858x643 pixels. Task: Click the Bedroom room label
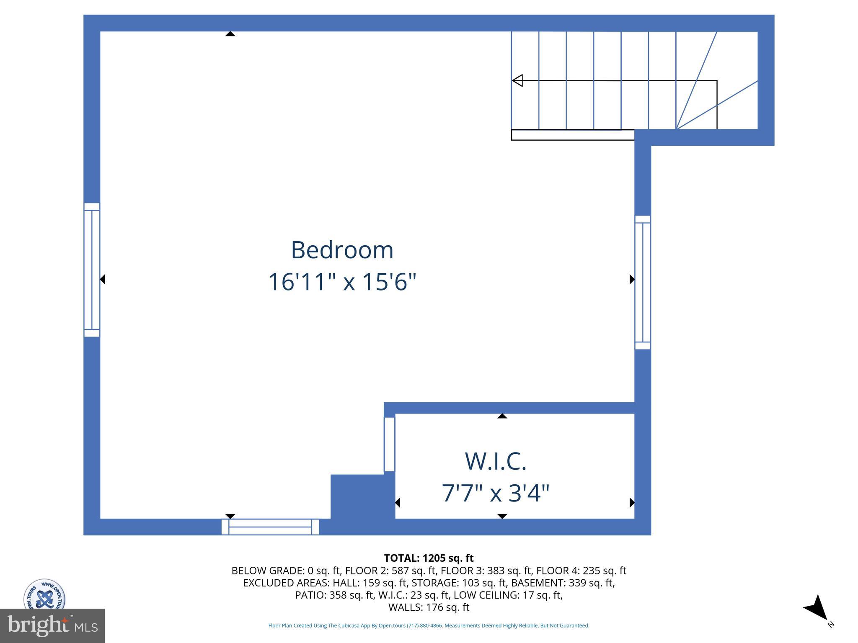(342, 250)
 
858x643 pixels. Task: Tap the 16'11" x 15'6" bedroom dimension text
(342, 282)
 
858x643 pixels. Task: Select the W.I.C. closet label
(495, 461)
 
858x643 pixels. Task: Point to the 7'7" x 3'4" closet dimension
(495, 493)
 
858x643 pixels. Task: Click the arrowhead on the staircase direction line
(518, 80)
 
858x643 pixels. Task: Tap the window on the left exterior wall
(92, 270)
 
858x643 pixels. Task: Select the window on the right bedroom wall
(643, 283)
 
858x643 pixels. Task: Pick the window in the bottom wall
(270, 527)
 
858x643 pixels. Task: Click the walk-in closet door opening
(390, 444)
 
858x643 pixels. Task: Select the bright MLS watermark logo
(52, 625)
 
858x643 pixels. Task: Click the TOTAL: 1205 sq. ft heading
(429, 558)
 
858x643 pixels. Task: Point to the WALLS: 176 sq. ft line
(429, 607)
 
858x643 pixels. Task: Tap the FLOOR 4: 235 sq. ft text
(581, 571)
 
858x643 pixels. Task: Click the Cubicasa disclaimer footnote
(429, 625)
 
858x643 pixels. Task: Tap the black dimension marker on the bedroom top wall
(230, 34)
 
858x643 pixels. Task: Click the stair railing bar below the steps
(573, 135)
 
